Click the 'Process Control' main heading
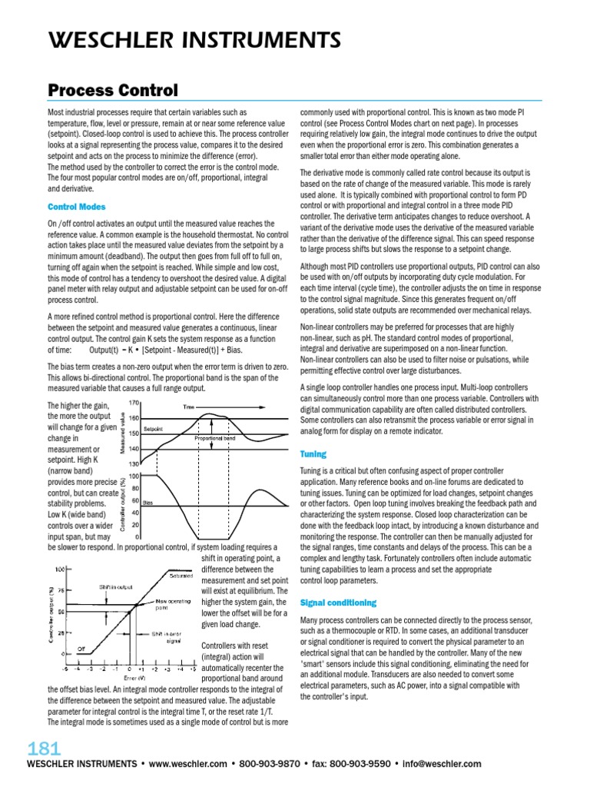[x=112, y=91]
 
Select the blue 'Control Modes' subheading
[x=77, y=207]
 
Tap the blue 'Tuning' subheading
[x=313, y=454]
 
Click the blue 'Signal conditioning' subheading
[x=338, y=603]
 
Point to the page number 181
[x=44, y=749]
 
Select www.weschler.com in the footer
[x=187, y=764]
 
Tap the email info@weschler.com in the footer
[x=441, y=764]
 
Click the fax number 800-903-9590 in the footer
[x=357, y=764]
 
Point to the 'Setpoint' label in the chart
[x=154, y=427]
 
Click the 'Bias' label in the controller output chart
[x=148, y=501]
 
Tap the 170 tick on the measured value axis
[x=133, y=403]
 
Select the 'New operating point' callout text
[x=171, y=604]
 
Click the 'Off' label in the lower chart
[x=80, y=648]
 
